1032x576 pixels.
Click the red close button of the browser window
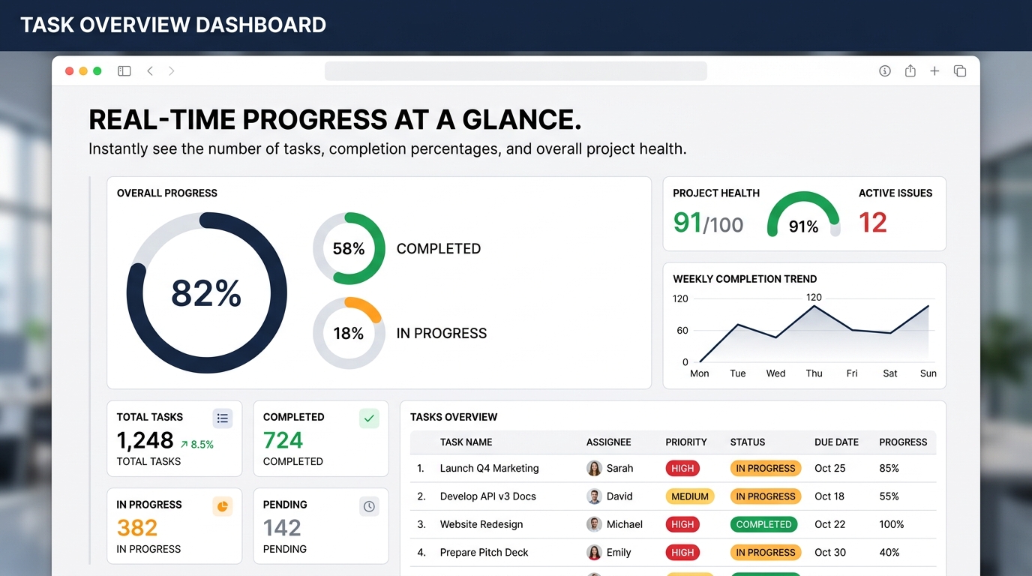(x=70, y=71)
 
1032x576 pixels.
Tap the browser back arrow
(x=150, y=71)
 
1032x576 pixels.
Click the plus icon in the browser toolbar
(x=934, y=71)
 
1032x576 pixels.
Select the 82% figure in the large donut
(x=206, y=293)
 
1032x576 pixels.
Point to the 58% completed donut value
(x=348, y=249)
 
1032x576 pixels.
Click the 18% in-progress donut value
(x=348, y=334)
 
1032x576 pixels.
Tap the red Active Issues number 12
(x=872, y=223)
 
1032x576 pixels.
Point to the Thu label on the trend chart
(x=814, y=373)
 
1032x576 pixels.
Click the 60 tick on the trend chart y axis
(x=682, y=331)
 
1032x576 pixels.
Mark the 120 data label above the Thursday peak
(x=814, y=298)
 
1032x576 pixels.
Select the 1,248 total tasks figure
(x=145, y=441)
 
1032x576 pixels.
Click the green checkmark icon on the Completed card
(x=369, y=418)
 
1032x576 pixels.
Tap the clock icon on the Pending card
(x=369, y=507)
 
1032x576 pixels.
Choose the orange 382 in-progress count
(x=137, y=528)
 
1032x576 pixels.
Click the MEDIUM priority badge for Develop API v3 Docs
(x=690, y=496)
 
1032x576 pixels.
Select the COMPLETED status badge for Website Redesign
(x=763, y=525)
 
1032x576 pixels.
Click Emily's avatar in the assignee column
(x=594, y=553)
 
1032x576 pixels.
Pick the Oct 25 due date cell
(x=829, y=469)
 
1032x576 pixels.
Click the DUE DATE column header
(x=836, y=442)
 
